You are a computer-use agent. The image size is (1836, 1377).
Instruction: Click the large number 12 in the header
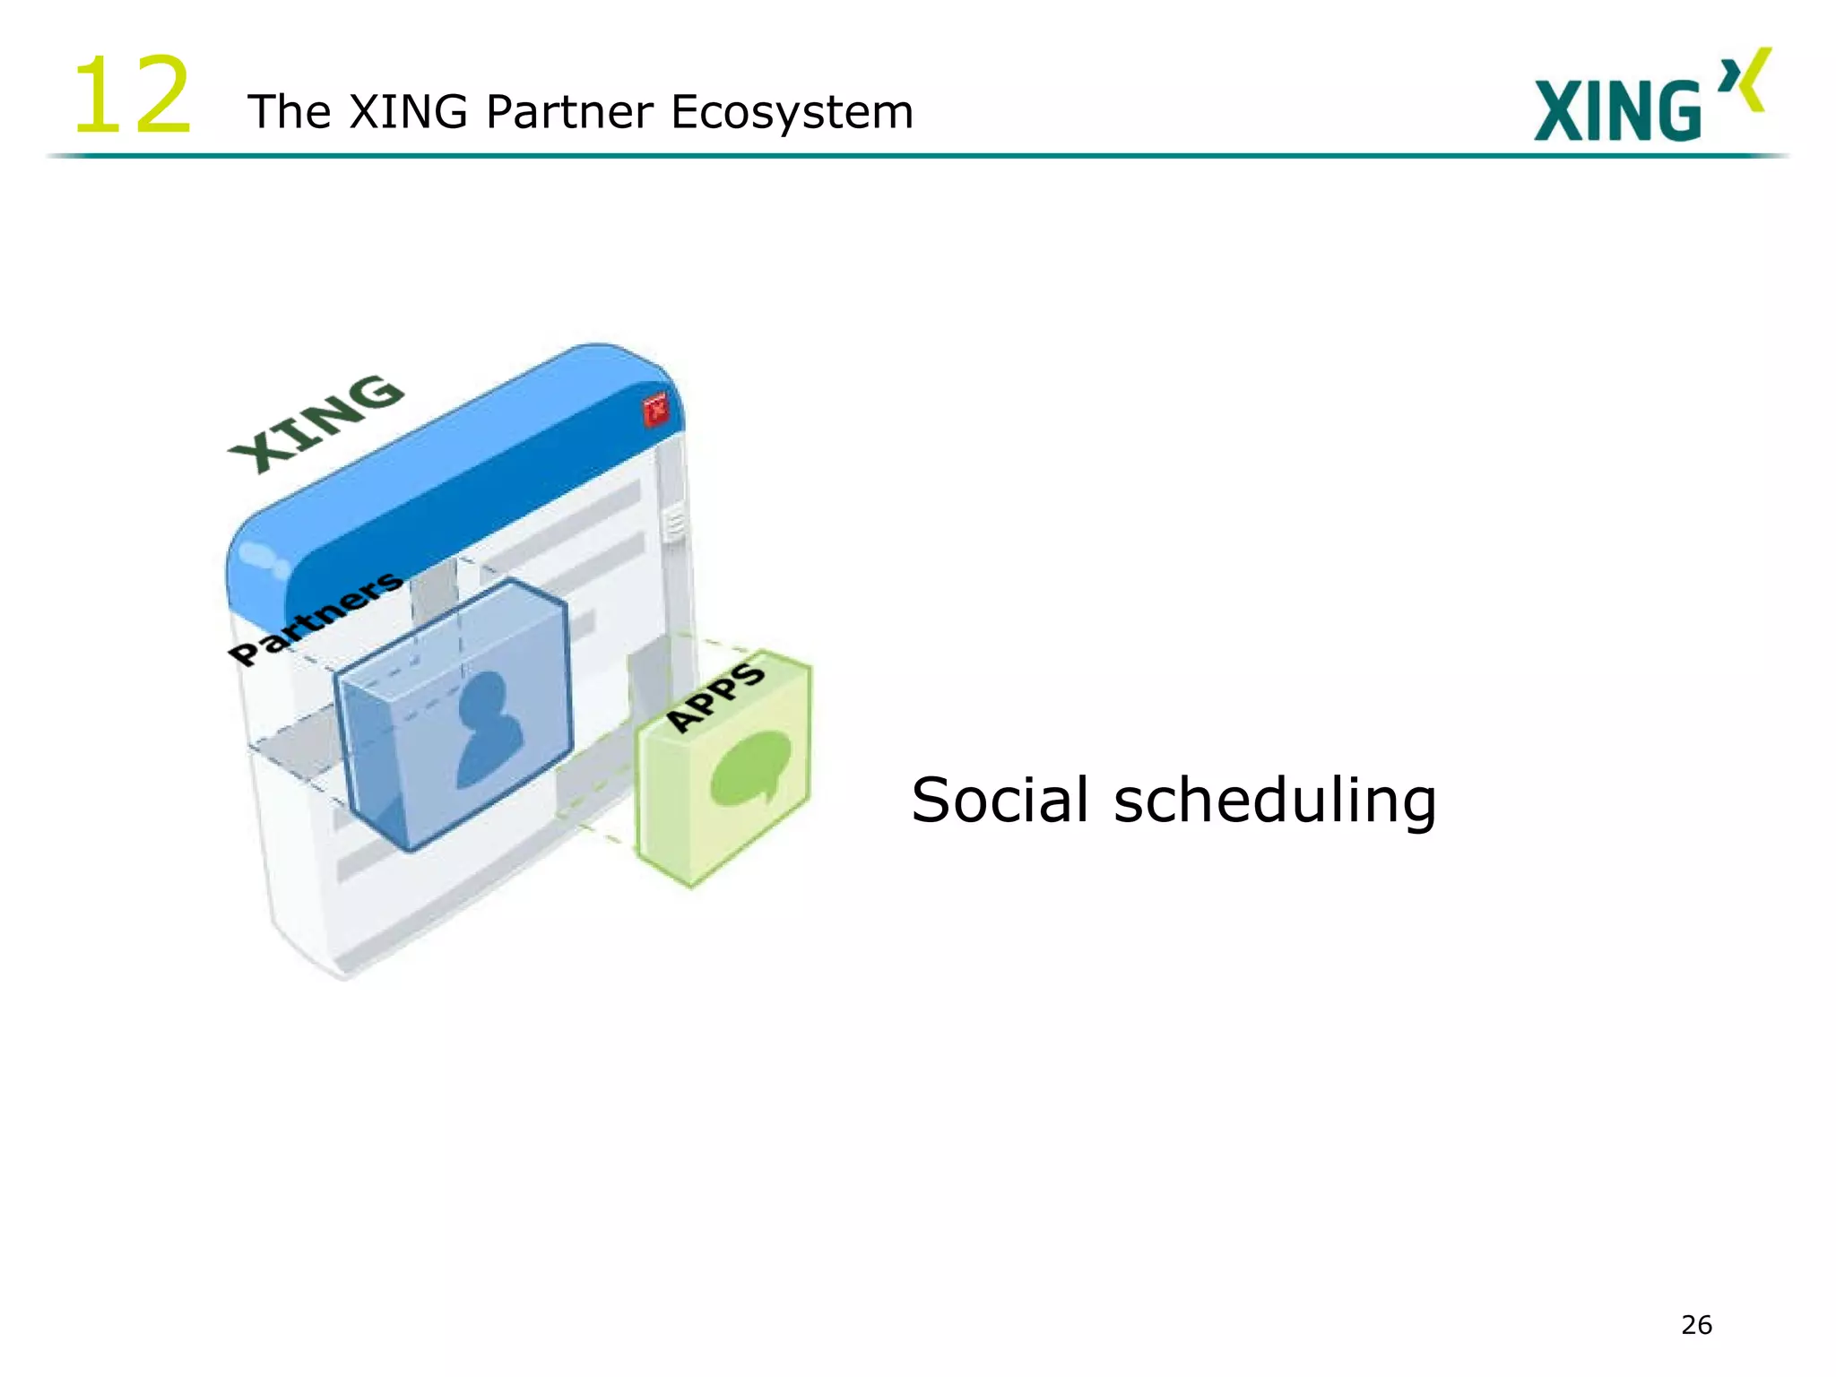point(132,95)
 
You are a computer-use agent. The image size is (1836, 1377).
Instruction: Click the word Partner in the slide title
point(569,112)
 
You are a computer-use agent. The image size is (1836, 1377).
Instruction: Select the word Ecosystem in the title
point(792,112)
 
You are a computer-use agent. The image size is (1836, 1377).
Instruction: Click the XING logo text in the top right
point(1616,110)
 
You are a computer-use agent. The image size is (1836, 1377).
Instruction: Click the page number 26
point(1696,1324)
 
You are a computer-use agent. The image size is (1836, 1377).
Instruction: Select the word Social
point(1000,799)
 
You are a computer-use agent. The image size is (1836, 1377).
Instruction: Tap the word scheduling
point(1274,799)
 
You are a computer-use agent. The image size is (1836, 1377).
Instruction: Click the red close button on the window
point(656,410)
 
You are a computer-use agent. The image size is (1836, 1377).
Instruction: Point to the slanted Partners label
point(314,618)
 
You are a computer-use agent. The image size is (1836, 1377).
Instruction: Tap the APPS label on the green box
point(716,696)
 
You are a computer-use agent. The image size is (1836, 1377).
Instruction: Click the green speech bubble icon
point(750,766)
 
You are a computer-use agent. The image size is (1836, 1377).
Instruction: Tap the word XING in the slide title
point(408,112)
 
